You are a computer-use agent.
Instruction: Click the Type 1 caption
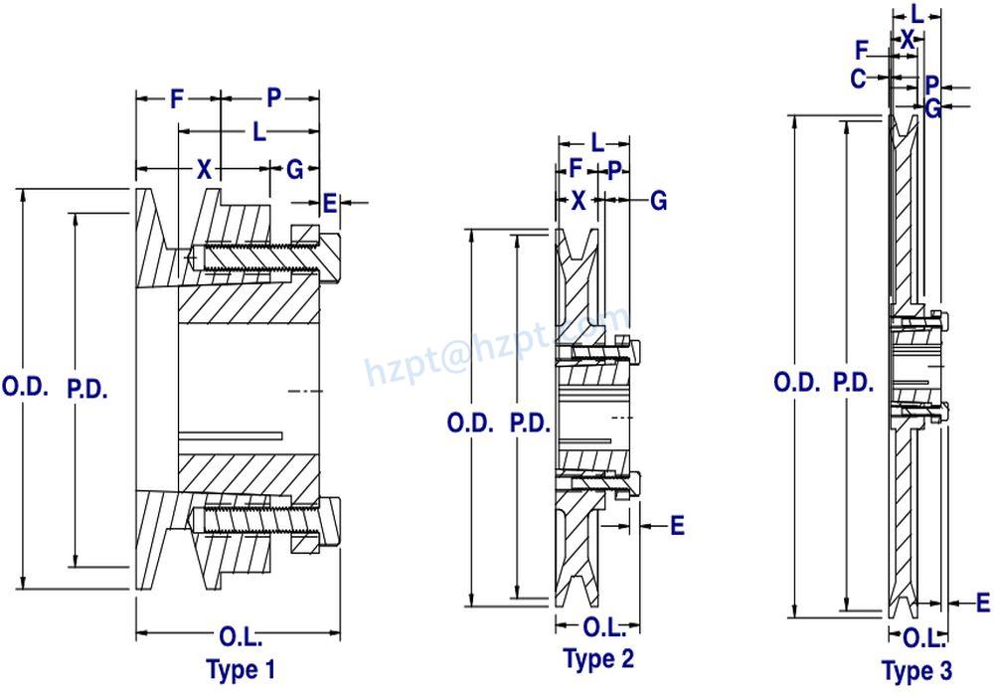(x=240, y=669)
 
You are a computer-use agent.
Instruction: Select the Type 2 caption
(x=598, y=657)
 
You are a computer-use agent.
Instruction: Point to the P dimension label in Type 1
(x=273, y=97)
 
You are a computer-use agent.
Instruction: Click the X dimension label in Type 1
(x=204, y=169)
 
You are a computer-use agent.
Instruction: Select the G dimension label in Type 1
(x=294, y=169)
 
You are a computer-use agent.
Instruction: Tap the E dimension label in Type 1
(x=330, y=204)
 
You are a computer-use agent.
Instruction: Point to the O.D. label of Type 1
(x=25, y=387)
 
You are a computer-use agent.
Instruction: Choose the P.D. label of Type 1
(x=87, y=387)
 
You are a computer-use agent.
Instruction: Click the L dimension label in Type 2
(x=596, y=142)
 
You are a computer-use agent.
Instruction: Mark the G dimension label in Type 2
(x=658, y=200)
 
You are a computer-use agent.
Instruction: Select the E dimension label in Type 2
(x=677, y=524)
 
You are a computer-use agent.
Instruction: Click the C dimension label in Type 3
(x=859, y=80)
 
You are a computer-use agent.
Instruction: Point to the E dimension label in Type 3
(x=982, y=602)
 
